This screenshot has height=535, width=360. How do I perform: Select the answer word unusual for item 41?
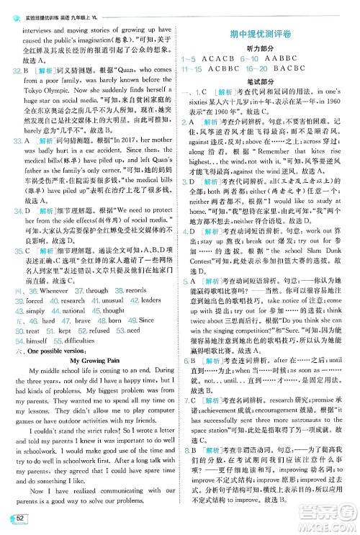107,300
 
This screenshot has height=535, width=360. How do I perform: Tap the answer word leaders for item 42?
150,300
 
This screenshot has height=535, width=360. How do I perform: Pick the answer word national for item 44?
73,310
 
